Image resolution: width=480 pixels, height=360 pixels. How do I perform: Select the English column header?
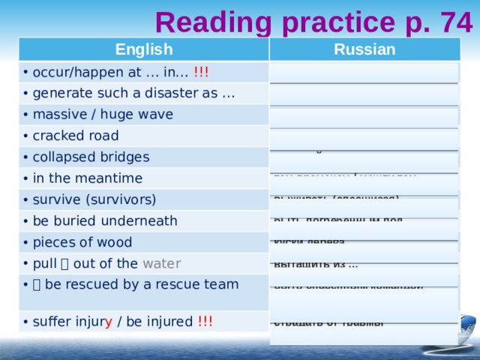tap(143, 49)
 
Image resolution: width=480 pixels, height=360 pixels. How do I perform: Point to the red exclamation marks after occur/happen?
tap(201, 72)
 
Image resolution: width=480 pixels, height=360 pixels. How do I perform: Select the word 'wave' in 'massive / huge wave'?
tap(155, 115)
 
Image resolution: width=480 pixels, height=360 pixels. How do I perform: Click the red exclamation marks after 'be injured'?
tap(205, 322)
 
